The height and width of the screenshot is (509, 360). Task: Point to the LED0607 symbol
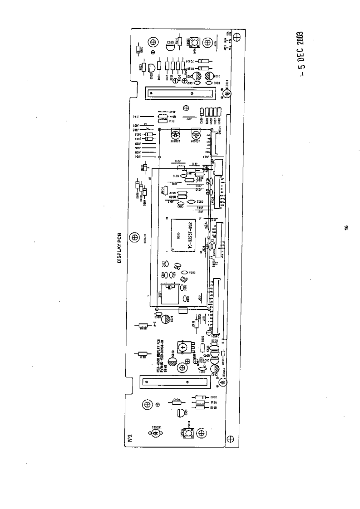(195, 135)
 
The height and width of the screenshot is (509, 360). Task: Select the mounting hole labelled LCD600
(134, 237)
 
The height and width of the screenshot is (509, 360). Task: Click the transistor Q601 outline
(181, 413)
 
